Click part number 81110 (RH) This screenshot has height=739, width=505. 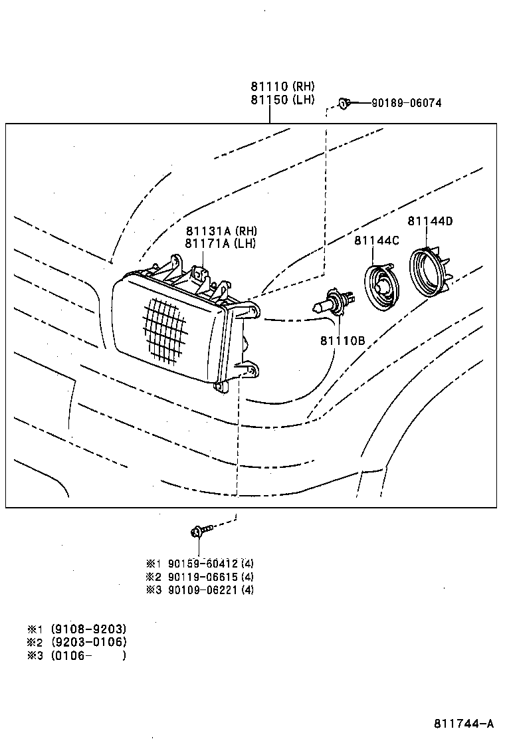(x=282, y=86)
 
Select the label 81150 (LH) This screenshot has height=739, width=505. (x=282, y=100)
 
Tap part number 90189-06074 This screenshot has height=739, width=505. (x=405, y=103)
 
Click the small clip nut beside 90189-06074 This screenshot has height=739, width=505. (x=343, y=102)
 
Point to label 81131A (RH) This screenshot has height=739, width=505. (x=220, y=231)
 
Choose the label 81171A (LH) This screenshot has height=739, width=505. (x=220, y=243)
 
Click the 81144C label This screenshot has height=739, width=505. (x=376, y=241)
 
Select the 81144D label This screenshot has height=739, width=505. (x=430, y=221)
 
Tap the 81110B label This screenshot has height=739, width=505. (x=342, y=341)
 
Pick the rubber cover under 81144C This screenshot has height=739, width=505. (x=381, y=286)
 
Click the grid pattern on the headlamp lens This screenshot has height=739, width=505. (x=164, y=330)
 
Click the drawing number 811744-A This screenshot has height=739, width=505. (x=464, y=723)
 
